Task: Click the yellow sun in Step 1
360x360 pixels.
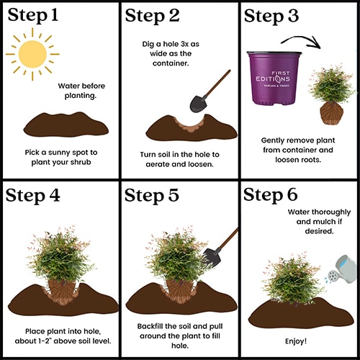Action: (x=32, y=54)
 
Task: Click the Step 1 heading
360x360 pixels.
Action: (x=33, y=15)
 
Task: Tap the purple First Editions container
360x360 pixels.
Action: (x=274, y=78)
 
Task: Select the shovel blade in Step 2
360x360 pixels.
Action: (x=198, y=104)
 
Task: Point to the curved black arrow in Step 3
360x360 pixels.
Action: (x=300, y=39)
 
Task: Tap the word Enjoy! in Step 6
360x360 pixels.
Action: (x=296, y=341)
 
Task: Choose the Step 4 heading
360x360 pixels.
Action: (x=33, y=195)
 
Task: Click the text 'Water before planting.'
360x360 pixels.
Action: (x=81, y=91)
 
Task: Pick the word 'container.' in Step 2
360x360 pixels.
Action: (x=171, y=63)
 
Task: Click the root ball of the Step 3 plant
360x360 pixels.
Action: (x=331, y=113)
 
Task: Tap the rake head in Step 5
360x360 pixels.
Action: (x=211, y=258)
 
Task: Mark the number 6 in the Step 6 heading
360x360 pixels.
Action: (x=292, y=194)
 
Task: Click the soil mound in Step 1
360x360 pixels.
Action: (x=66, y=125)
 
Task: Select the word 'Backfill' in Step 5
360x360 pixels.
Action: (x=150, y=326)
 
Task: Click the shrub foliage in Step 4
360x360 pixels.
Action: (x=62, y=254)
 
